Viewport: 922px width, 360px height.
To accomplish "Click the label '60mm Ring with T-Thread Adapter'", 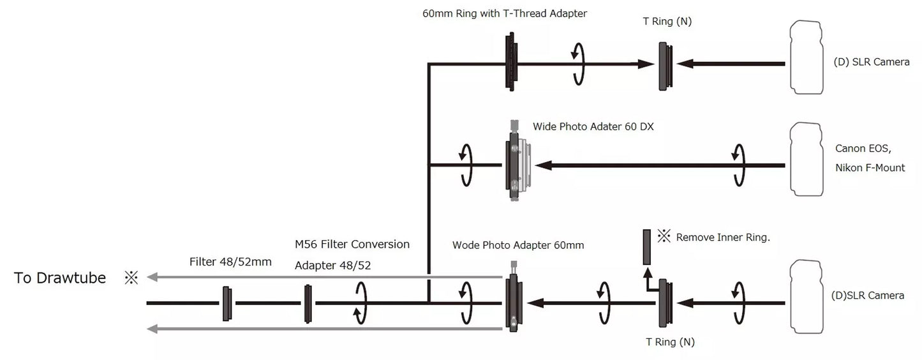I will point(504,13).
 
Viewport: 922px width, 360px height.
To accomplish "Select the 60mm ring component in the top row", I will point(510,64).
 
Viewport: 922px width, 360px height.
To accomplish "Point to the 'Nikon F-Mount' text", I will point(870,168).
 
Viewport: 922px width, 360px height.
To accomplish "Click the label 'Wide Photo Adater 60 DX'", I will point(593,126).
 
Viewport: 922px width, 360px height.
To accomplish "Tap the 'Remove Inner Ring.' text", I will point(723,237).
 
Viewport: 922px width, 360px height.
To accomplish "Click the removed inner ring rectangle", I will point(647,247).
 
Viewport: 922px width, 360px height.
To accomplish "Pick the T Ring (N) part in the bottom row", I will point(665,303).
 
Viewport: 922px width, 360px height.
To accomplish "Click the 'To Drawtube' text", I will point(60,278).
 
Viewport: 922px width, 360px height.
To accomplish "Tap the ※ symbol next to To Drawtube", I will point(131,278).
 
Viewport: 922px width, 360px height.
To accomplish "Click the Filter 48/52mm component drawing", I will point(226,303).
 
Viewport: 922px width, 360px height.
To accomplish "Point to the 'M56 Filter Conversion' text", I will point(352,244).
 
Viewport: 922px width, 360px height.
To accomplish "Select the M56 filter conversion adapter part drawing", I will point(308,303).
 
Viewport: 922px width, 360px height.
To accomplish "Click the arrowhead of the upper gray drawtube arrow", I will point(151,277).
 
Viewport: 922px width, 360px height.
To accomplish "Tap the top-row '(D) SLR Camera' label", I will point(867,62).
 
